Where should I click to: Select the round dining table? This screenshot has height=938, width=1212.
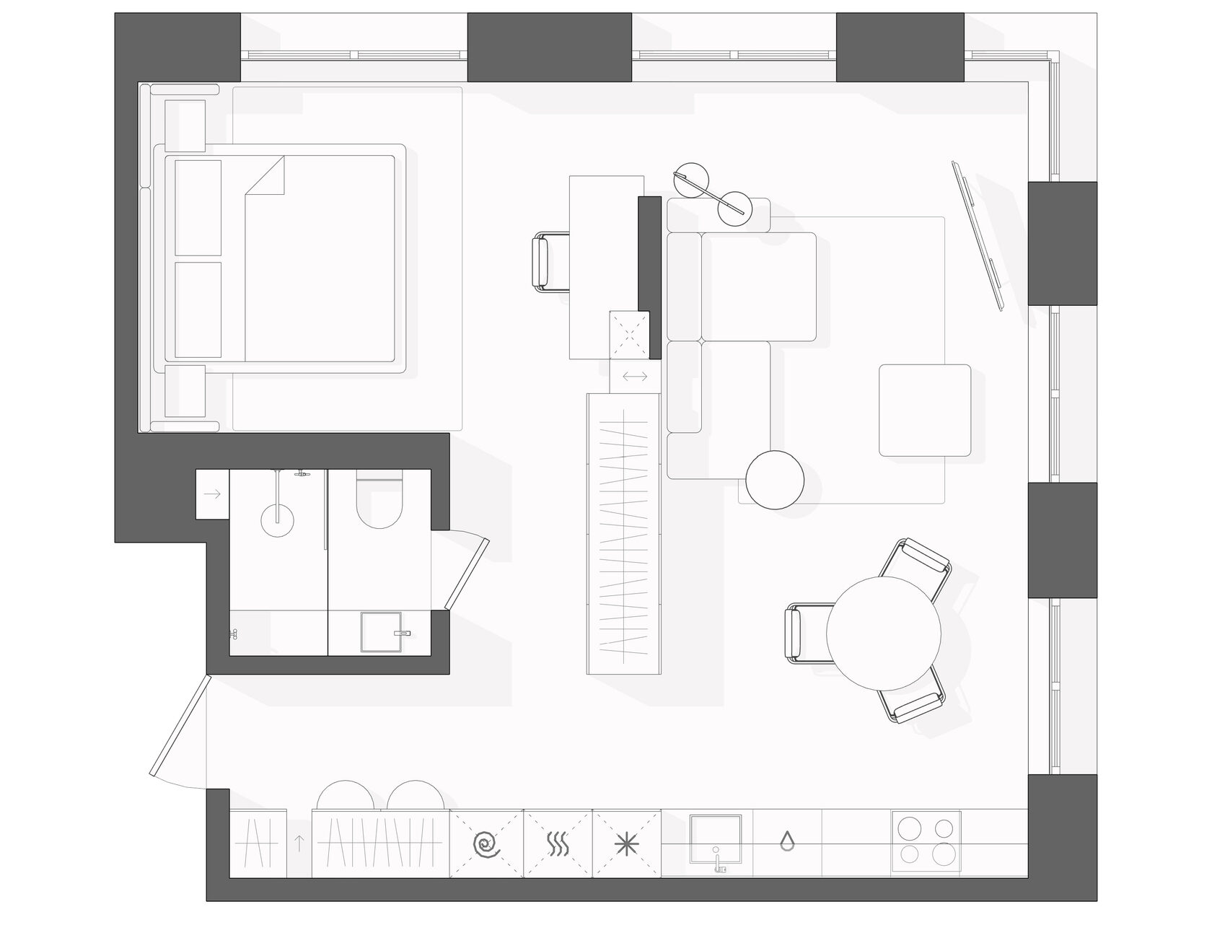pos(884,634)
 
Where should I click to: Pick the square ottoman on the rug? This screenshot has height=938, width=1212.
pos(925,410)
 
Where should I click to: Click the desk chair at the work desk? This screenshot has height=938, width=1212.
pos(550,263)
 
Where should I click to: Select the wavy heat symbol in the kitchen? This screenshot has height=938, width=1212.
pos(556,843)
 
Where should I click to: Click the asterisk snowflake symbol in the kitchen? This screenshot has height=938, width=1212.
pos(625,843)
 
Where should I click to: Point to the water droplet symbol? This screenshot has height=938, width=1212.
pos(787,841)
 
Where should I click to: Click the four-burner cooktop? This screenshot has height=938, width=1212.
pos(926,843)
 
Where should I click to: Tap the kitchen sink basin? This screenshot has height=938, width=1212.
pos(715,837)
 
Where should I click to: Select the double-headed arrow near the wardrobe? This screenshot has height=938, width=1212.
pos(635,376)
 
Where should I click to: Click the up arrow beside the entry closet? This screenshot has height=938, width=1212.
pos(299,843)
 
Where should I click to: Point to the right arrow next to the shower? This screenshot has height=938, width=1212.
pos(212,494)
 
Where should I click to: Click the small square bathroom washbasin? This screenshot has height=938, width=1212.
pos(380,632)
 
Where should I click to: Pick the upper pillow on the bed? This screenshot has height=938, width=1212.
pos(198,207)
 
